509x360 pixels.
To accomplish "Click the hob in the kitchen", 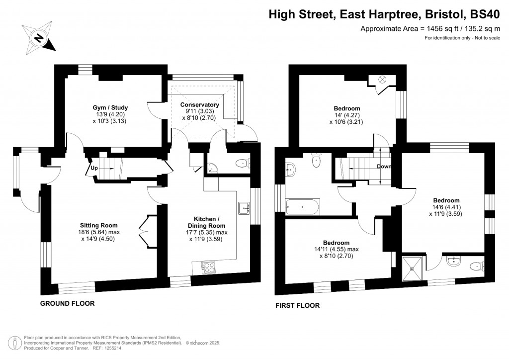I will pyautogui.click(x=208, y=268).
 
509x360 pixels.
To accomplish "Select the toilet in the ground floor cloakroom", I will pyautogui.click(x=242, y=162).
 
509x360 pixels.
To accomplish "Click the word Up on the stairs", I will pyautogui.click(x=93, y=168).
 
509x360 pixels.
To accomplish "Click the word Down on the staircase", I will pyautogui.click(x=384, y=167).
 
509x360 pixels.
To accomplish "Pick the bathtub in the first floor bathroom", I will pyautogui.click(x=303, y=204).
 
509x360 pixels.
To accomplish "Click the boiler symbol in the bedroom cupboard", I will pyautogui.click(x=383, y=79).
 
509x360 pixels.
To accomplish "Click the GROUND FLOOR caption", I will pyautogui.click(x=67, y=303).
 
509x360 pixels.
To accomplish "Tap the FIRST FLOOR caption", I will pyautogui.click(x=298, y=305).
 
